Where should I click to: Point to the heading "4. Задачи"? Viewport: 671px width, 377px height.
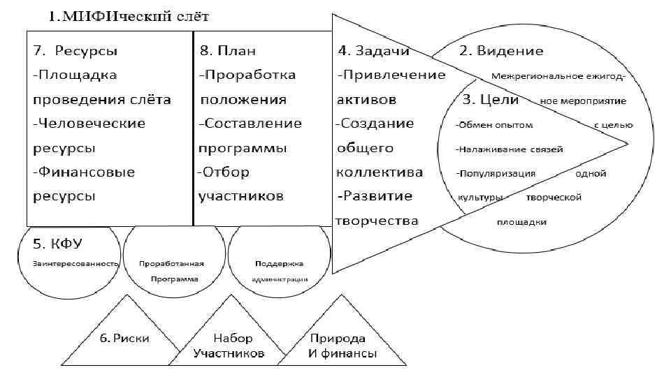click(x=374, y=51)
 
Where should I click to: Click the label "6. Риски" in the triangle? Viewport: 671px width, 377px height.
click(x=124, y=338)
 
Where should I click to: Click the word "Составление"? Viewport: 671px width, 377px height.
click(x=250, y=124)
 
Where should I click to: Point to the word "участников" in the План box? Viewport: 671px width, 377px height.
click(x=240, y=196)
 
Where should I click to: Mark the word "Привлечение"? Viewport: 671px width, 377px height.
click(x=391, y=75)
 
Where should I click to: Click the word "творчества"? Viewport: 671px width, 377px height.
click(x=377, y=221)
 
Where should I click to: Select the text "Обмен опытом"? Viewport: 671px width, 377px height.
click(x=495, y=125)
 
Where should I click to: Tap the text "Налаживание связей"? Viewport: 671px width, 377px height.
click(x=510, y=149)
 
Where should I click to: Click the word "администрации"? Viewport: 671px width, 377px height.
click(x=280, y=279)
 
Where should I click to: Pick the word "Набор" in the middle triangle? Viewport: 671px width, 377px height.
click(x=229, y=338)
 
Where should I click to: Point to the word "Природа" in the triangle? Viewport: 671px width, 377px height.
click(x=338, y=338)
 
